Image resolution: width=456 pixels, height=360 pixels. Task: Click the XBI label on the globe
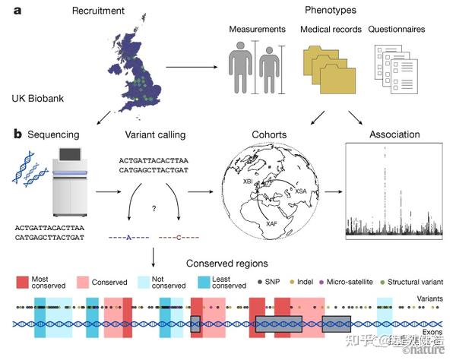(248, 183)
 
